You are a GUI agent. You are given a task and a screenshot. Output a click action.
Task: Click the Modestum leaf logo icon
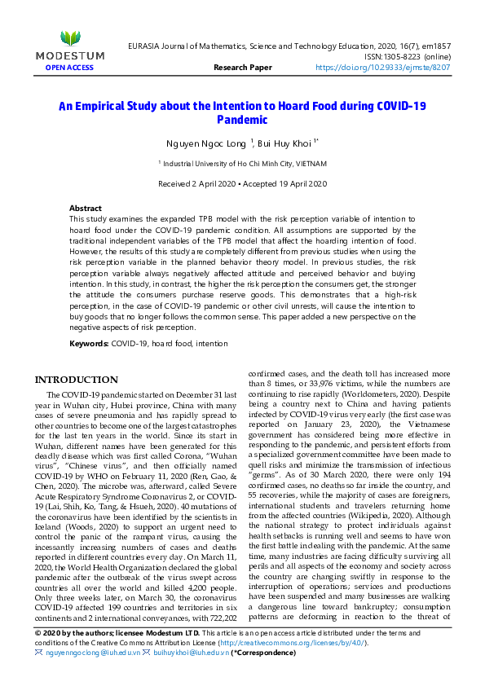70,37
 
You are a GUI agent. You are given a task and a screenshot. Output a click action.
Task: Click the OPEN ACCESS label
70,68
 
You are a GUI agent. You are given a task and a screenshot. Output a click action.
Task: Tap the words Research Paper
242,68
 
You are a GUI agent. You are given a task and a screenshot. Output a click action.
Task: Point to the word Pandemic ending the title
242,120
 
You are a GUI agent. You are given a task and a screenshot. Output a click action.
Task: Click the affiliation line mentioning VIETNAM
242,164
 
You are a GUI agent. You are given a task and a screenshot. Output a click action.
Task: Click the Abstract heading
86,209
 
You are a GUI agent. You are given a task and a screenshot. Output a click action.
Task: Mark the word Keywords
89,345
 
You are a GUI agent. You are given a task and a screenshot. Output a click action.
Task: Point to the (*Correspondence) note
262,653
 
